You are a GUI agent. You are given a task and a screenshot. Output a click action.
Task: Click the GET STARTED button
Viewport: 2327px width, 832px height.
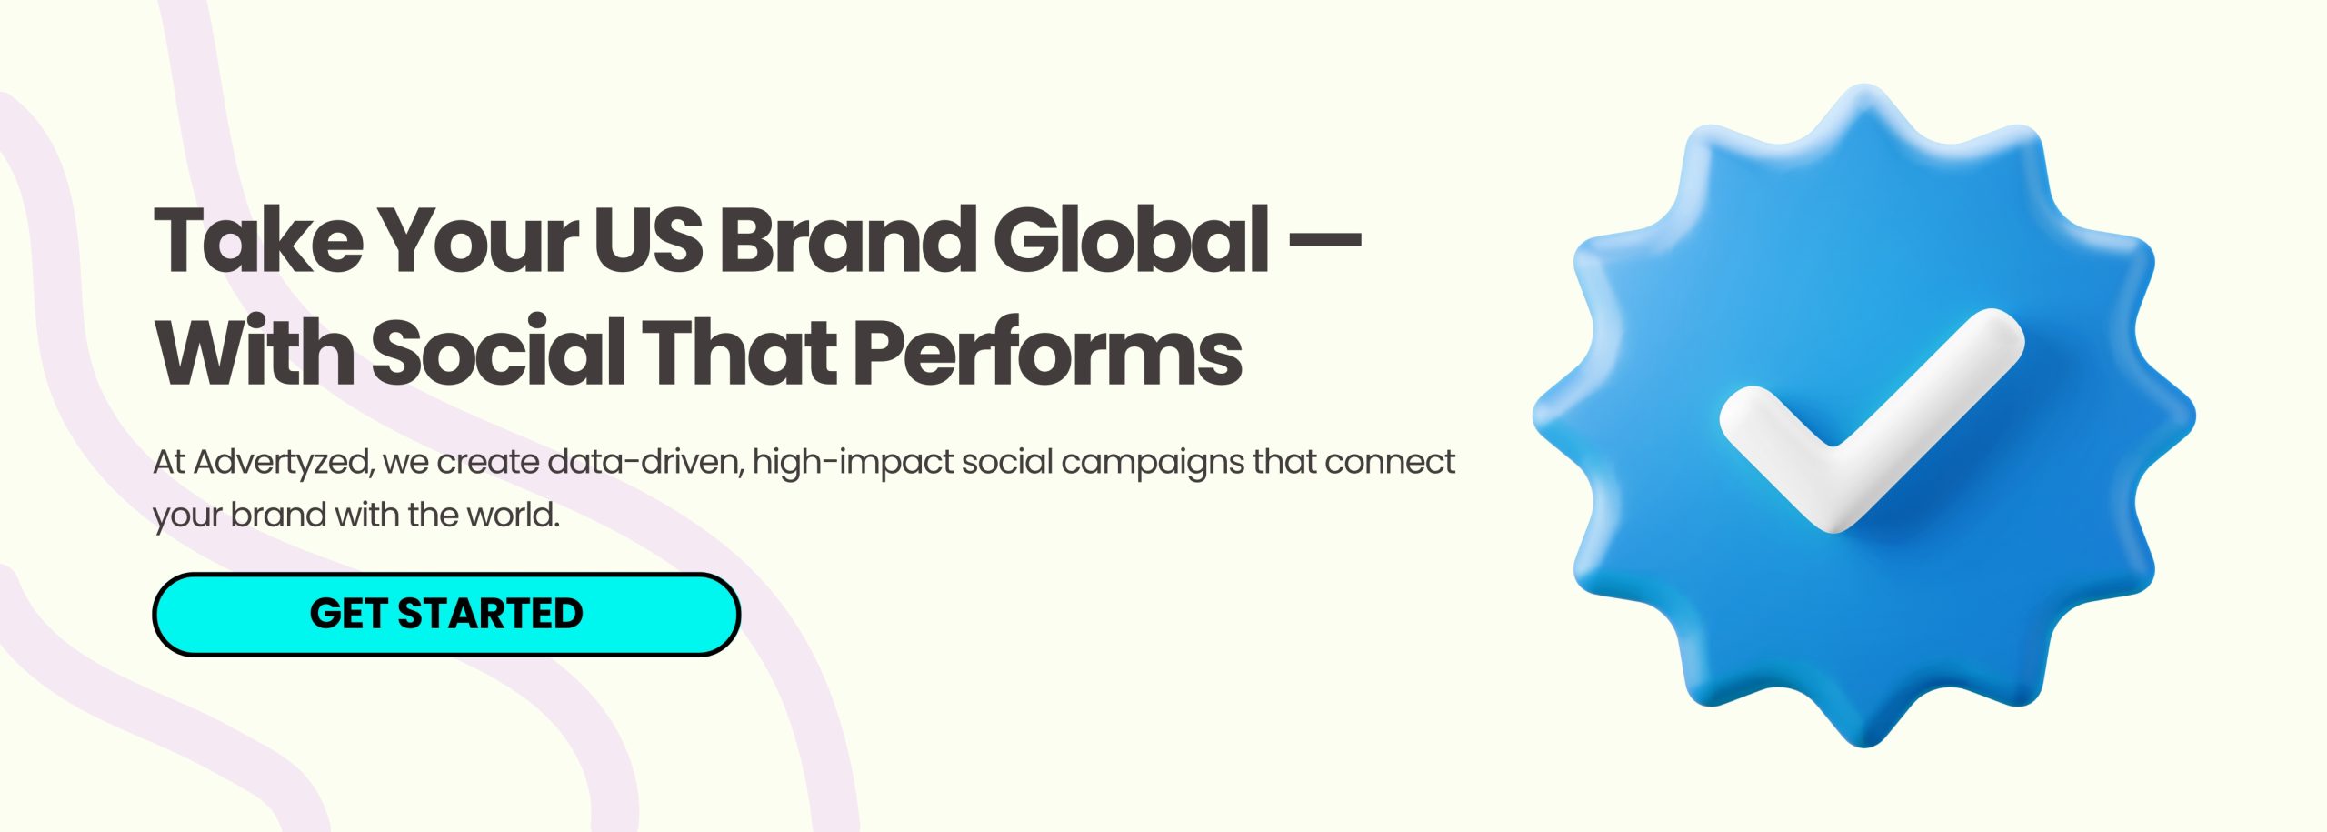click(446, 614)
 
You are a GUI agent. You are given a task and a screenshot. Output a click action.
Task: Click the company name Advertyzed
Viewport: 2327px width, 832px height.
click(283, 463)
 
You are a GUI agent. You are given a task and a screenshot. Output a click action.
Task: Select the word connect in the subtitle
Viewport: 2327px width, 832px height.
click(1390, 462)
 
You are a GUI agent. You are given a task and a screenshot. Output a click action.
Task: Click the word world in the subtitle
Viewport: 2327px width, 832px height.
click(513, 515)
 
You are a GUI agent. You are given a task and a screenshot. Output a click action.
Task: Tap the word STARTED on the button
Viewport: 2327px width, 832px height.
click(490, 614)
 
